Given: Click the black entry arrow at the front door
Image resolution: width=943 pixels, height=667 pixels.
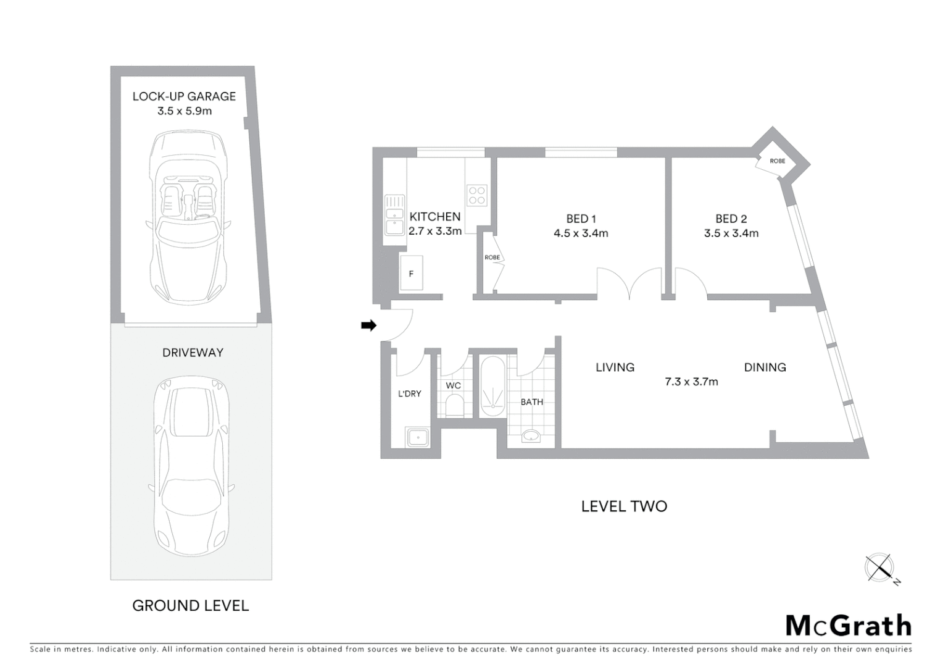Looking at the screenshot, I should [368, 325].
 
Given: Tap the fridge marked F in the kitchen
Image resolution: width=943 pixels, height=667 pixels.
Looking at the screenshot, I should [411, 273].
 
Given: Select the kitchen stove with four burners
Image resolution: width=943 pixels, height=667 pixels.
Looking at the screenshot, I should [477, 195].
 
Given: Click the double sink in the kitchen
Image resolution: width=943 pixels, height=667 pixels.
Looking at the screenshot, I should [393, 215].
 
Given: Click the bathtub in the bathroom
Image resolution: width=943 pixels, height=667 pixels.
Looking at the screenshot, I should [492, 387].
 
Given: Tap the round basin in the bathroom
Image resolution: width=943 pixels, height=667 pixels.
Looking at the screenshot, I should [530, 437].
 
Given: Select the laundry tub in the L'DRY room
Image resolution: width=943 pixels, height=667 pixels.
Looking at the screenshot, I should [418, 438].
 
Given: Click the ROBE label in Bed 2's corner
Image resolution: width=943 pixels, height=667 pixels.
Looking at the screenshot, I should [777, 161].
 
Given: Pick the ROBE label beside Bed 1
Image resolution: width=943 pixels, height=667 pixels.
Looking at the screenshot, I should [492, 258].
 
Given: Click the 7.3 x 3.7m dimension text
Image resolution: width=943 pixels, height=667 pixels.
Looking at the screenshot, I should [691, 382].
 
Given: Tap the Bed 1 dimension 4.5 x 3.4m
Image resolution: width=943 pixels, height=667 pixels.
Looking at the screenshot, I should [581, 233].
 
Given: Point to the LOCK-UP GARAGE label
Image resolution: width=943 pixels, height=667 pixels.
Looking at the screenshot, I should [184, 96].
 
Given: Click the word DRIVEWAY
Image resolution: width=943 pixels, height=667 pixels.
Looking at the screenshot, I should [193, 353].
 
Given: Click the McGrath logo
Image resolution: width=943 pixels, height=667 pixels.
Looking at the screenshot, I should [848, 626].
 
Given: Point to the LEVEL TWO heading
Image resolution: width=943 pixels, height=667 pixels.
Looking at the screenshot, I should [624, 506].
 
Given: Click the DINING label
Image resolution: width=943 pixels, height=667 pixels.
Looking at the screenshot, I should [765, 367].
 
